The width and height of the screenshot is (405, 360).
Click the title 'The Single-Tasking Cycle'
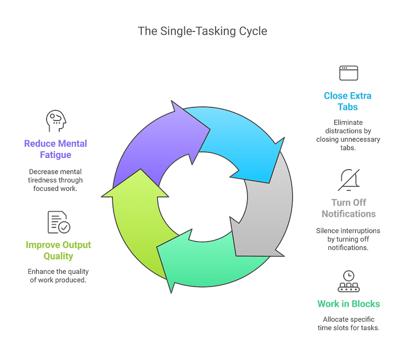[x=202, y=31]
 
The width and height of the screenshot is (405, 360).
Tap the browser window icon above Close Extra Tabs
[x=348, y=73]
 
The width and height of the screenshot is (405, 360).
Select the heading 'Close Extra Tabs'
[x=348, y=101]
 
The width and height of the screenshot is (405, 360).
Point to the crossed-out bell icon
[x=348, y=179]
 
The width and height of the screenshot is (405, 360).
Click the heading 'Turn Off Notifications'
[x=348, y=208]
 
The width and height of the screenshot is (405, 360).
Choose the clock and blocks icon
[x=348, y=282]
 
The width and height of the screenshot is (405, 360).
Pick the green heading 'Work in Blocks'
[x=348, y=304]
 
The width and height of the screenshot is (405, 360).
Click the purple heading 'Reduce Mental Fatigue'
[x=56, y=149]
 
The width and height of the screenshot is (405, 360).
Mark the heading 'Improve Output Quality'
[x=58, y=251]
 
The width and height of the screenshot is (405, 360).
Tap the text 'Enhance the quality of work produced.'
[x=57, y=275]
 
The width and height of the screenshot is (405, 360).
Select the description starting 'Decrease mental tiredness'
[x=56, y=180]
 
